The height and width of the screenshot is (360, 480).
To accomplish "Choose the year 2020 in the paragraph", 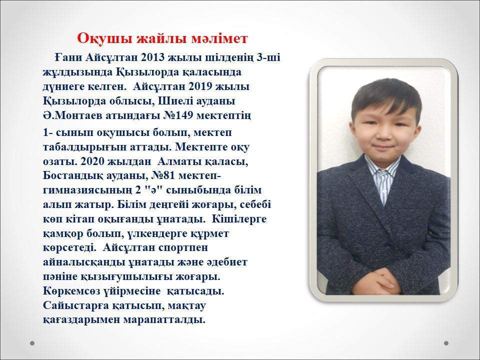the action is [x=93, y=161].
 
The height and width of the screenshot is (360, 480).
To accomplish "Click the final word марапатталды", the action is [x=164, y=320].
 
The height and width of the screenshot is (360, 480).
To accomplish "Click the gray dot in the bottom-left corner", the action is [x=32, y=343].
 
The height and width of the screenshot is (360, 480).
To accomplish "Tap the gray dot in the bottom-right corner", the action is [x=446, y=343].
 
